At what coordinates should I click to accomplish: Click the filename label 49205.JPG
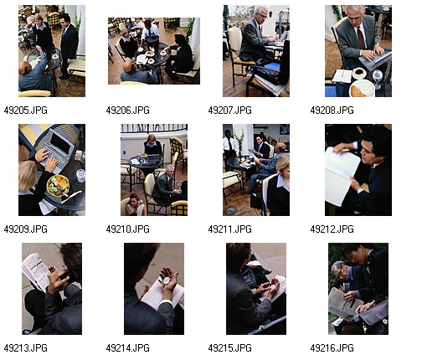coord(25,111)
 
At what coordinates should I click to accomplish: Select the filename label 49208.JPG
coord(332,111)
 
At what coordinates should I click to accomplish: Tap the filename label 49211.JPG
coord(229,229)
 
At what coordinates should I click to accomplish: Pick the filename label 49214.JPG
coord(127,348)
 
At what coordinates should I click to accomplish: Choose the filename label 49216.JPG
coord(332,348)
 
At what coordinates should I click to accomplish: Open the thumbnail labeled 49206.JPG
coord(154,51)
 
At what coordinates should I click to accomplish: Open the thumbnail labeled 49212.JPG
coord(358,170)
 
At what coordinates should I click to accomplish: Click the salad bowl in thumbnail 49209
coord(58,186)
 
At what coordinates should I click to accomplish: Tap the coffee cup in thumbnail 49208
coord(358,73)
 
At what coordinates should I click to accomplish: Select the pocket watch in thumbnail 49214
coord(166,280)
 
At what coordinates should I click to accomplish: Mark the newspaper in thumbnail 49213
coord(36,271)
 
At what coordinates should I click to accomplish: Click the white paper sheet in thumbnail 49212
coord(341,177)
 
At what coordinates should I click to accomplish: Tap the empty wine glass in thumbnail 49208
coord(378,78)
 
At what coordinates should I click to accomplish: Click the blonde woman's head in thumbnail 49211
coord(282,165)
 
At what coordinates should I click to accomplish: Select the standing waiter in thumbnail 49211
coord(229,149)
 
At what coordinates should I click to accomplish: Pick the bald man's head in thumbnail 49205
coord(25,68)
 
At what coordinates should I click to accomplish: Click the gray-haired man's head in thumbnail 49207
coord(262,13)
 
